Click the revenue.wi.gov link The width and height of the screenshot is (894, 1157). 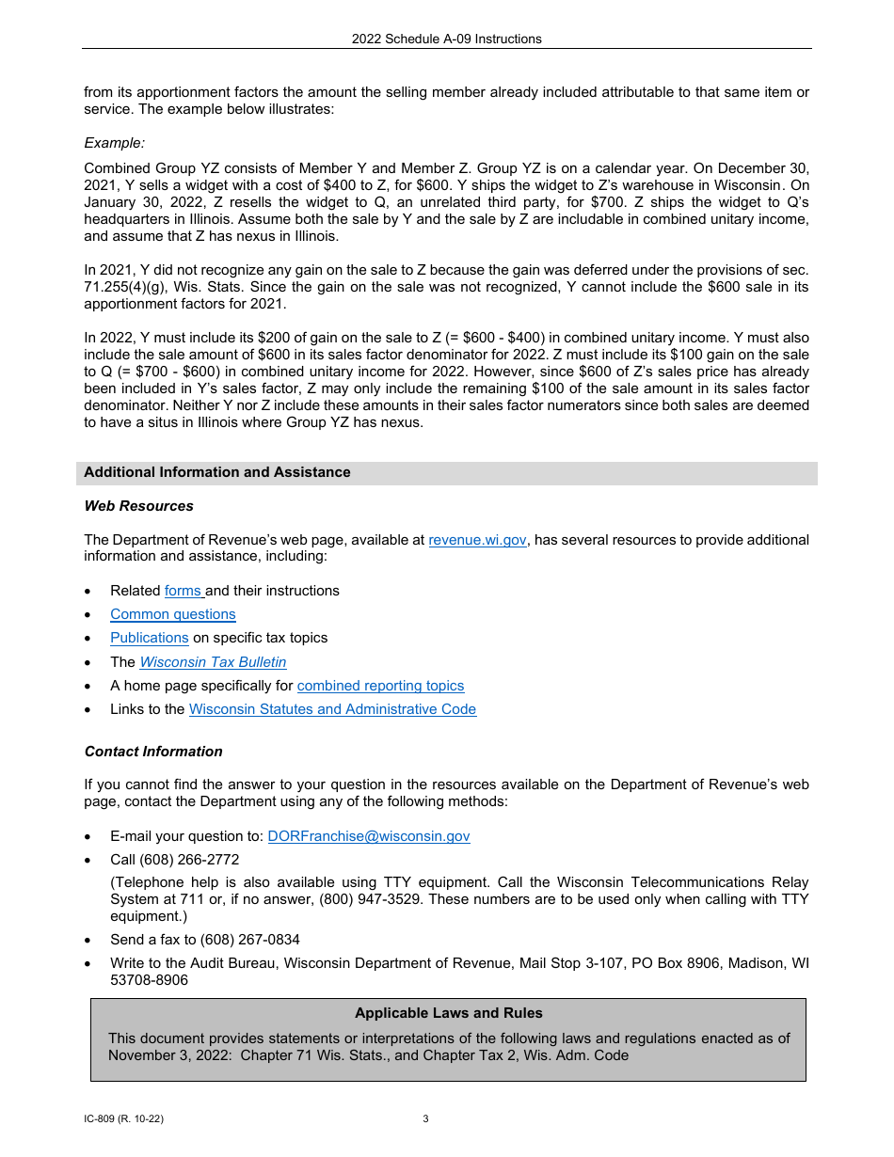477,540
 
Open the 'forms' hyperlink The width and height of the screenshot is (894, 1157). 184,591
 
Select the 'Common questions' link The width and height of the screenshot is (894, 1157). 173,614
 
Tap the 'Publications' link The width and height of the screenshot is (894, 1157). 150,638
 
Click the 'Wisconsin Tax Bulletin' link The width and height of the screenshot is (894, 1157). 213,662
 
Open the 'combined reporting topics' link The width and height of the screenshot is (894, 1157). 380,686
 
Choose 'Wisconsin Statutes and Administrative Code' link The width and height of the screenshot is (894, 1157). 332,709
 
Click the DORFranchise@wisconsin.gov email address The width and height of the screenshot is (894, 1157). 369,836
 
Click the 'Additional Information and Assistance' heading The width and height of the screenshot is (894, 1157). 217,472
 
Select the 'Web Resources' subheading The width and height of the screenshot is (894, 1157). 139,506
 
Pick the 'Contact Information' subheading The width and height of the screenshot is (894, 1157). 153,752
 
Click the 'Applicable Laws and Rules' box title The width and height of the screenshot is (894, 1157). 448,1013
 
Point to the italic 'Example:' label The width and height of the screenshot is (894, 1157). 115,143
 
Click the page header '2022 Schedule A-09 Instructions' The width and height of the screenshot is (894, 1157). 447,40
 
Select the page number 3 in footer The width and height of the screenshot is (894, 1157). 425,1119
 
